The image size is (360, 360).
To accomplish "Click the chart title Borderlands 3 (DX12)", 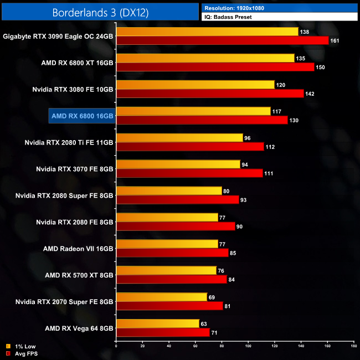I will [100, 12].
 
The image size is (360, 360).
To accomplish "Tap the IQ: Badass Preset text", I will [227, 17].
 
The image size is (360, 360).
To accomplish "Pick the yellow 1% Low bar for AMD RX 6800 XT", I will [205, 58].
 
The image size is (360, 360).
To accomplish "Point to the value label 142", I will [310, 94].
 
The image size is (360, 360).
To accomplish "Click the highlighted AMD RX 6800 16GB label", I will [81, 116].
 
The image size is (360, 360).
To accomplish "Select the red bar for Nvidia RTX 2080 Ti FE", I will [189, 147].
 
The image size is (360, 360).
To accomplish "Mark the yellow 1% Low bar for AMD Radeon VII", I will [167, 244].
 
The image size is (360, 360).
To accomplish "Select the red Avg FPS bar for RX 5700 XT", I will [171, 280].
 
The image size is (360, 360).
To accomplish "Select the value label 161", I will [335, 40].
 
